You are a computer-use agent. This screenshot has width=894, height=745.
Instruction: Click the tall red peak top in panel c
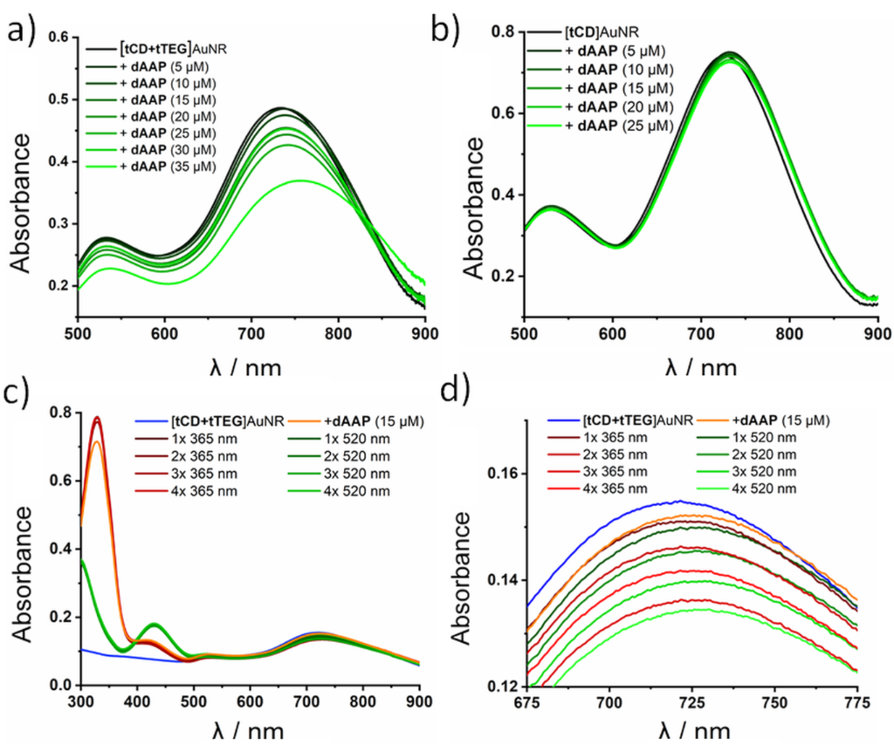(x=98, y=419)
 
